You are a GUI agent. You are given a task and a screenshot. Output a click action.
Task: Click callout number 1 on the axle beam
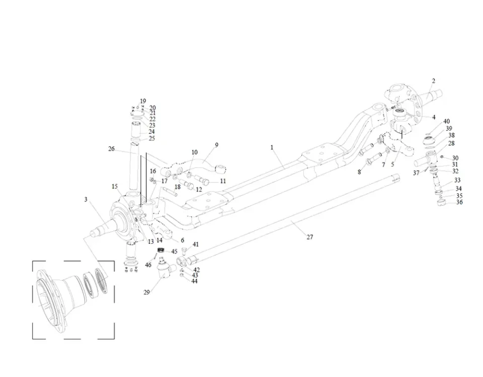272,148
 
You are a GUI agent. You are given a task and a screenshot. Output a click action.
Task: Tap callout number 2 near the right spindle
433,81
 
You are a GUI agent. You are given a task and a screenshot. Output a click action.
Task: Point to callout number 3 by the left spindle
86,200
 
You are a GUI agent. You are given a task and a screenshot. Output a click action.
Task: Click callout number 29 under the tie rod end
146,292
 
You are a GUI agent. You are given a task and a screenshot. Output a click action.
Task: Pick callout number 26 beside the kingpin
111,149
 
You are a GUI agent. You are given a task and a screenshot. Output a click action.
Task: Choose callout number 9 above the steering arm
216,145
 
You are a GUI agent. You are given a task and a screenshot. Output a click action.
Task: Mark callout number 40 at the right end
446,122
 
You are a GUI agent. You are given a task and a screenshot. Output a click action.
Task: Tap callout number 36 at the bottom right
459,203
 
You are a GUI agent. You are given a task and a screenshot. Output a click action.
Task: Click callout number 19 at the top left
143,101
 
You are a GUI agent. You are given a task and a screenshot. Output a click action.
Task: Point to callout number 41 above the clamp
196,245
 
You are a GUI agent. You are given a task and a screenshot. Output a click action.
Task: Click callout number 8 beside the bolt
359,172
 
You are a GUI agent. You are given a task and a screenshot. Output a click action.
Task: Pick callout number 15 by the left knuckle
115,186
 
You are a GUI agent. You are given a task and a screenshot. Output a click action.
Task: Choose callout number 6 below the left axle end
182,240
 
